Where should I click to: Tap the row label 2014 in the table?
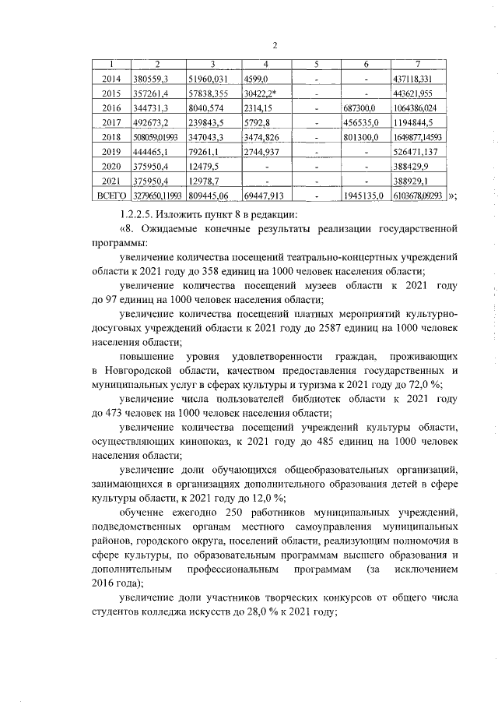112,79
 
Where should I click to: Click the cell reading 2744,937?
261,151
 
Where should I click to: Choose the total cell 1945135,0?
363,196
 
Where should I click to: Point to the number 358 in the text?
231,271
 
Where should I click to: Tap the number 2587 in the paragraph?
326,329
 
